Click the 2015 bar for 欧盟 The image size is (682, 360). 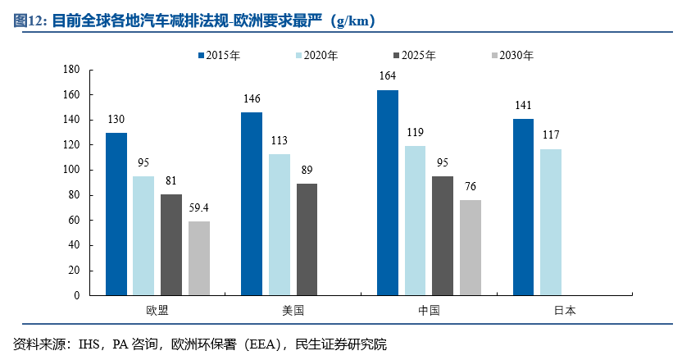116,213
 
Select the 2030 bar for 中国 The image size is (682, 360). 471,247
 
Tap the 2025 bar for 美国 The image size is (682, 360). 307,239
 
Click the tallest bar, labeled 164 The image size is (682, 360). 388,192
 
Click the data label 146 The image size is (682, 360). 252,99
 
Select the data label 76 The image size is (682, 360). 471,187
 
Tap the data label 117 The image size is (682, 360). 551,135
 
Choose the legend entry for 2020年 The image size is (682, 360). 315,56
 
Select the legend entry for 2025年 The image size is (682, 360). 413,56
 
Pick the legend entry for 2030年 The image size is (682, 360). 511,56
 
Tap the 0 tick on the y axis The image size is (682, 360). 76,295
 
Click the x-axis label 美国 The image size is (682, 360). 293,311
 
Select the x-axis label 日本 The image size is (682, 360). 565,311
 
